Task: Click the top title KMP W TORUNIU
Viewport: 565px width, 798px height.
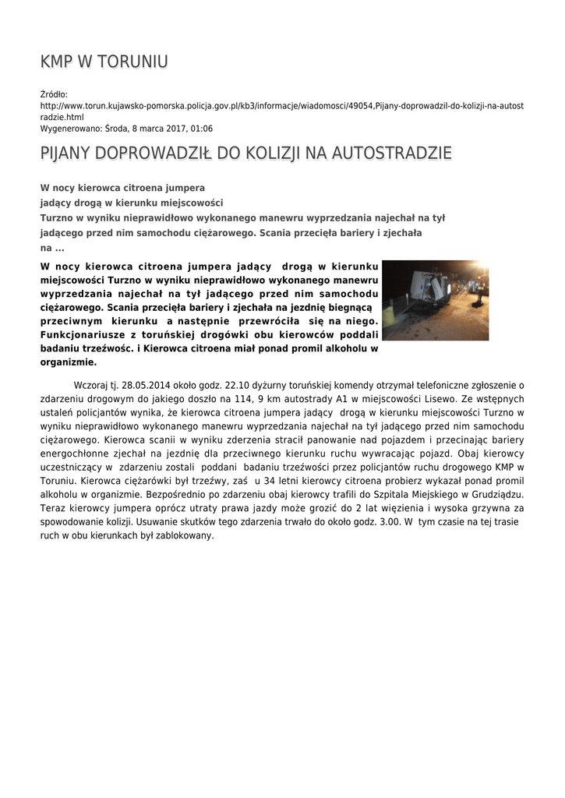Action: coord(104,62)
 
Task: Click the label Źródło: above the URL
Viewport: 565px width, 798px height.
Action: coord(55,94)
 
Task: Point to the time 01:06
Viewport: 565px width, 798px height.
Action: coord(201,129)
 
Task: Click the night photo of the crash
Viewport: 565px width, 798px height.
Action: coord(435,300)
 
